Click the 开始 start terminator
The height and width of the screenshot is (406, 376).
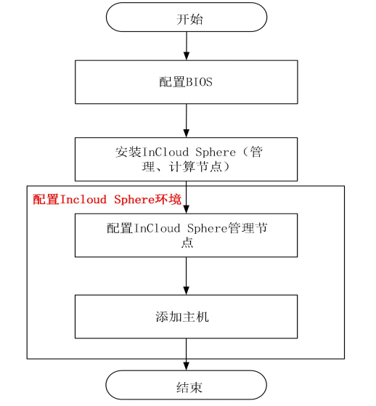pos(186,17)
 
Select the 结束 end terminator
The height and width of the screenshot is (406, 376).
pos(186,385)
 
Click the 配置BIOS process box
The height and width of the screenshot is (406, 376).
pos(186,82)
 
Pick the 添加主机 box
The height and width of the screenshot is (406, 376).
pos(186,317)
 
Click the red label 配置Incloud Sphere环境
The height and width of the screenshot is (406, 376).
pos(107,199)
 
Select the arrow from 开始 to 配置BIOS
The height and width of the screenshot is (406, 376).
pos(187,46)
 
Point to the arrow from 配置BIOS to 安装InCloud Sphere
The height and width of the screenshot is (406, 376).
pos(187,121)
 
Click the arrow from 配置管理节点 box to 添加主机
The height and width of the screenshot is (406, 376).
pos(187,275)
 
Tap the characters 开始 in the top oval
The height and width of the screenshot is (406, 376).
pos(186,18)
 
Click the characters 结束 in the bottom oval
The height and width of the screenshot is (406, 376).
pos(186,385)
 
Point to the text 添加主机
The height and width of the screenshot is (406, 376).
pos(186,317)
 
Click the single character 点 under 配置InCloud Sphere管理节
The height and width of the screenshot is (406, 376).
pos(187,243)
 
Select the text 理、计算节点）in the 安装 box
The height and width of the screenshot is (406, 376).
pos(186,167)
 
